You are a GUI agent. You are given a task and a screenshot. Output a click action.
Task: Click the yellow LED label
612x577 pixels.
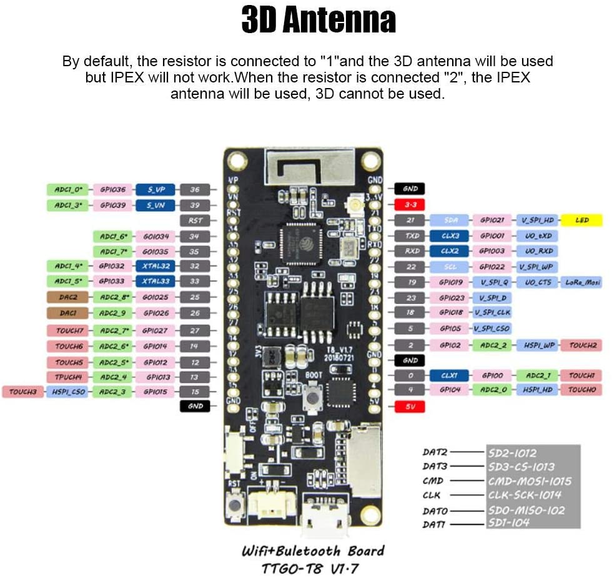581,220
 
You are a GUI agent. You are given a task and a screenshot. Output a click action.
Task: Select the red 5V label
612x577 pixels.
410,407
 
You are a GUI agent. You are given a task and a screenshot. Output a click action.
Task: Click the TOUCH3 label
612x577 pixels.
22,392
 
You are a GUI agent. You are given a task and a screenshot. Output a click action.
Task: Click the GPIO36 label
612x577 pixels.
112,189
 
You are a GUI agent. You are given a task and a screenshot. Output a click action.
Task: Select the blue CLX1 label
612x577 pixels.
450,375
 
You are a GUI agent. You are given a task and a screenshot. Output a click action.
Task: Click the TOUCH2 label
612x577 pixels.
581,345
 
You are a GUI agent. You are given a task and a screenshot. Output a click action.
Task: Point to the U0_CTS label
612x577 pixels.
536,282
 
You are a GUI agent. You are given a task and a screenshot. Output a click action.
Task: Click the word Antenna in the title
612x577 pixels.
339,21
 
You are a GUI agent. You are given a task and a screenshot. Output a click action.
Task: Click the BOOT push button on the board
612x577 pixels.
311,396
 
